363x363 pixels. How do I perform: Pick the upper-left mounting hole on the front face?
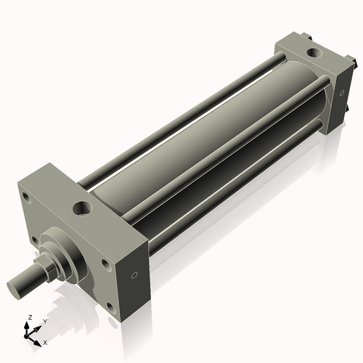coord(27,196)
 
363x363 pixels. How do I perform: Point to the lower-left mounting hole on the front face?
coord(34,240)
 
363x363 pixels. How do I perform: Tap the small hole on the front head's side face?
coord(134,275)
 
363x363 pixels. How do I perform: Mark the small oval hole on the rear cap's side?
coord(338,93)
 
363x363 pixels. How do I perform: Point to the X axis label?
coord(46,341)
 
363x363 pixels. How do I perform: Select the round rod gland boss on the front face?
coord(69,250)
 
